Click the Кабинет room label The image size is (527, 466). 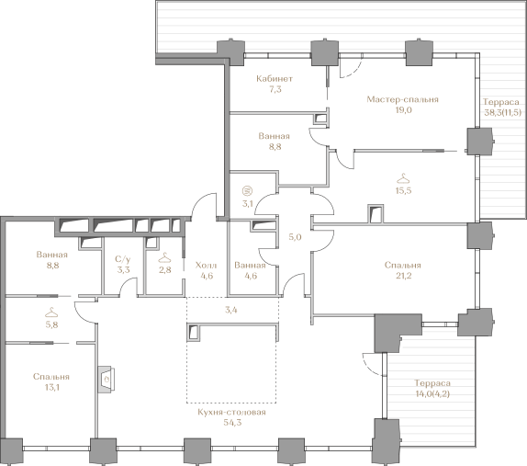(275, 79)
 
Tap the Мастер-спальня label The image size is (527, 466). (402, 99)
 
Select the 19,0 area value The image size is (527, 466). (403, 110)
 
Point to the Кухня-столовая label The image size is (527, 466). (231, 412)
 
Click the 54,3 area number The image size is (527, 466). (232, 423)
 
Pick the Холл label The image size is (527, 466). (206, 265)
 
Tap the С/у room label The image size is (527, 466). (123, 259)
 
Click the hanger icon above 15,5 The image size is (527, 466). (403, 178)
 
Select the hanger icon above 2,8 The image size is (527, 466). (164, 257)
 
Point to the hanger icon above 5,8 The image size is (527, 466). (51, 313)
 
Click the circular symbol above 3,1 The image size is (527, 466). (247, 191)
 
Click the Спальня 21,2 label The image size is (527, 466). (403, 270)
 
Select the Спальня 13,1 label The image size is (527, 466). (51, 381)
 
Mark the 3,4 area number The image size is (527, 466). (231, 310)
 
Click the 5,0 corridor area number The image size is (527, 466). (295, 237)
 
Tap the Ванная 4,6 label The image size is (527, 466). (250, 270)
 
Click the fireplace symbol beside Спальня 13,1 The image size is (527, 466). (107, 379)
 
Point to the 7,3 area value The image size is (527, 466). (275, 89)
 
